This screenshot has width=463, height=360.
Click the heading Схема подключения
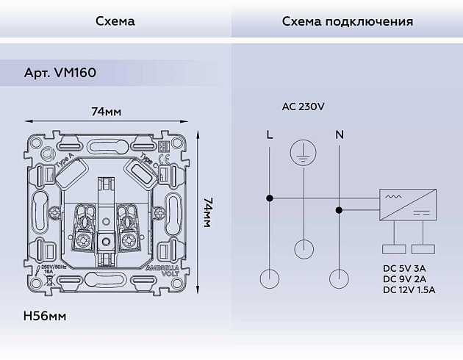coord(347,21)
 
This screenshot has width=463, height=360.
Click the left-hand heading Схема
coord(115,21)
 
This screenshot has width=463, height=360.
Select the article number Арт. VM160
coord(60,73)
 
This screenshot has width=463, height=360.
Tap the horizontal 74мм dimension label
coord(106,112)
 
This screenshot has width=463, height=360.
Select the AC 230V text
coord(303,107)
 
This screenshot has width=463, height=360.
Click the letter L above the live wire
coord(270,134)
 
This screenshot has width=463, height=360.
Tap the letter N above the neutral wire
coord(339,134)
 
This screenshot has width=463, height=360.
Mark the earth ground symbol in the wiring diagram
coord(304,151)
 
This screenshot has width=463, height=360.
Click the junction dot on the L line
coord(270,198)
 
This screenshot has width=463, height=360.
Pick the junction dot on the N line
coord(339,210)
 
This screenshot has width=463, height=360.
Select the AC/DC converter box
coord(409,204)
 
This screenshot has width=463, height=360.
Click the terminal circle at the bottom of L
coord(270,278)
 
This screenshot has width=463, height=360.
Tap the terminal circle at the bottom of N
coord(339,278)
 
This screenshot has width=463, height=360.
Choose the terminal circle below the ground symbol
coord(304,248)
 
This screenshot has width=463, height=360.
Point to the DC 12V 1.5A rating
coord(409,290)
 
